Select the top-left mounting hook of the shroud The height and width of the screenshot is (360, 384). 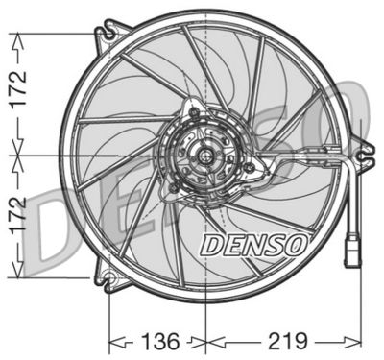(x=104, y=36)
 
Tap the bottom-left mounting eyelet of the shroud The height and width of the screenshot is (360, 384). (x=109, y=280)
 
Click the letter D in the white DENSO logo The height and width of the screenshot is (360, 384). (x=210, y=245)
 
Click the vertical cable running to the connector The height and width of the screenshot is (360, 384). (x=358, y=192)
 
